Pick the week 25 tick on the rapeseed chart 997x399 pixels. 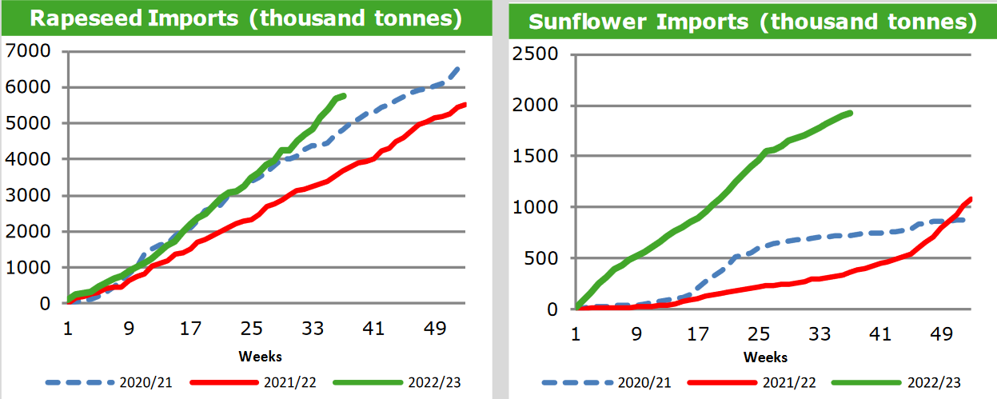point(252,329)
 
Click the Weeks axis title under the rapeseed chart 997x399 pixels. point(260,356)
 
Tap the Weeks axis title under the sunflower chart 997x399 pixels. point(765,357)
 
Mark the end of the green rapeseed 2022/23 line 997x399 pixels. point(344,96)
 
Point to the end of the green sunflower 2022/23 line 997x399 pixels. point(851,113)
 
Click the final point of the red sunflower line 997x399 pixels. point(971,199)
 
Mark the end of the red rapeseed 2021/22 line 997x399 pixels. point(465,104)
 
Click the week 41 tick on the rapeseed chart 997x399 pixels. point(373,329)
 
